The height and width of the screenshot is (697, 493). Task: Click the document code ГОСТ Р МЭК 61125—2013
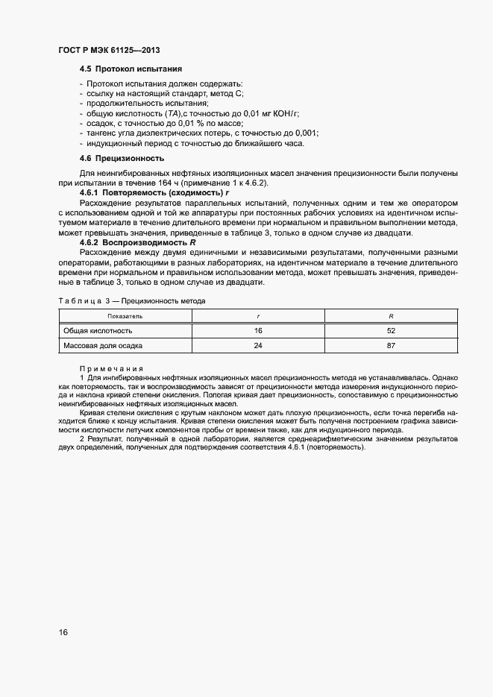coord(109,50)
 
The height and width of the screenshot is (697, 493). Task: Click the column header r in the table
coord(258,316)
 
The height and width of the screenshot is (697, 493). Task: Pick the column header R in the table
coord(391,316)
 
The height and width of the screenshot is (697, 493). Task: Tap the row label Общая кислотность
coord(98,330)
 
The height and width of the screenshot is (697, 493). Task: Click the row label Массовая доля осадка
coord(103,346)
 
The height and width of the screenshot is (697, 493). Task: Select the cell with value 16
coord(258,330)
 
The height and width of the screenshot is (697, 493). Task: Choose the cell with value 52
coord(391,330)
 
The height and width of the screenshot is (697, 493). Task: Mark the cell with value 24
coord(258,346)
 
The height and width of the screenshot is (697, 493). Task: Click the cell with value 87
coord(391,346)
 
